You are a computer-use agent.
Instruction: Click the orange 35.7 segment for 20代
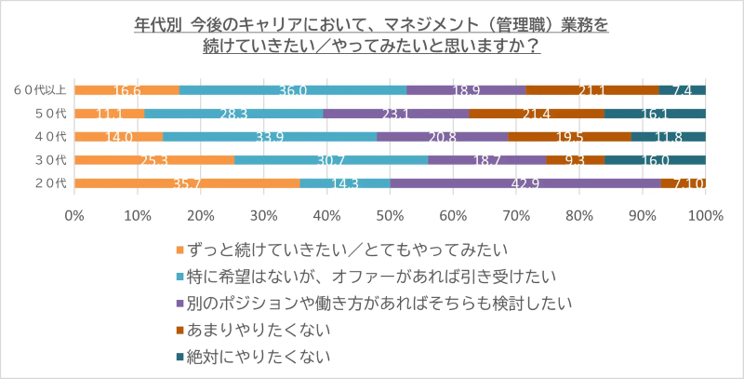click(x=187, y=183)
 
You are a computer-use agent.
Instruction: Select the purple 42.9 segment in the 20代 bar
click(x=525, y=183)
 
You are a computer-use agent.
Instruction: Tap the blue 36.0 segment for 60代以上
click(x=292, y=90)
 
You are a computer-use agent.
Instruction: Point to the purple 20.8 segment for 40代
click(x=443, y=137)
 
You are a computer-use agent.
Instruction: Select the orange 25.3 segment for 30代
click(x=154, y=160)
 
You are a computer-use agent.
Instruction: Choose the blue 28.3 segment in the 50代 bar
click(x=233, y=114)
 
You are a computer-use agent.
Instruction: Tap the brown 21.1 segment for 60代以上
click(x=591, y=90)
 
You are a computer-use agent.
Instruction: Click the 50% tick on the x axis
click(x=390, y=215)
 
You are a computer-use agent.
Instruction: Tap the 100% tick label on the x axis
click(x=704, y=215)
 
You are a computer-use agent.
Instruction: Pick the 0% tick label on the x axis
click(x=74, y=215)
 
